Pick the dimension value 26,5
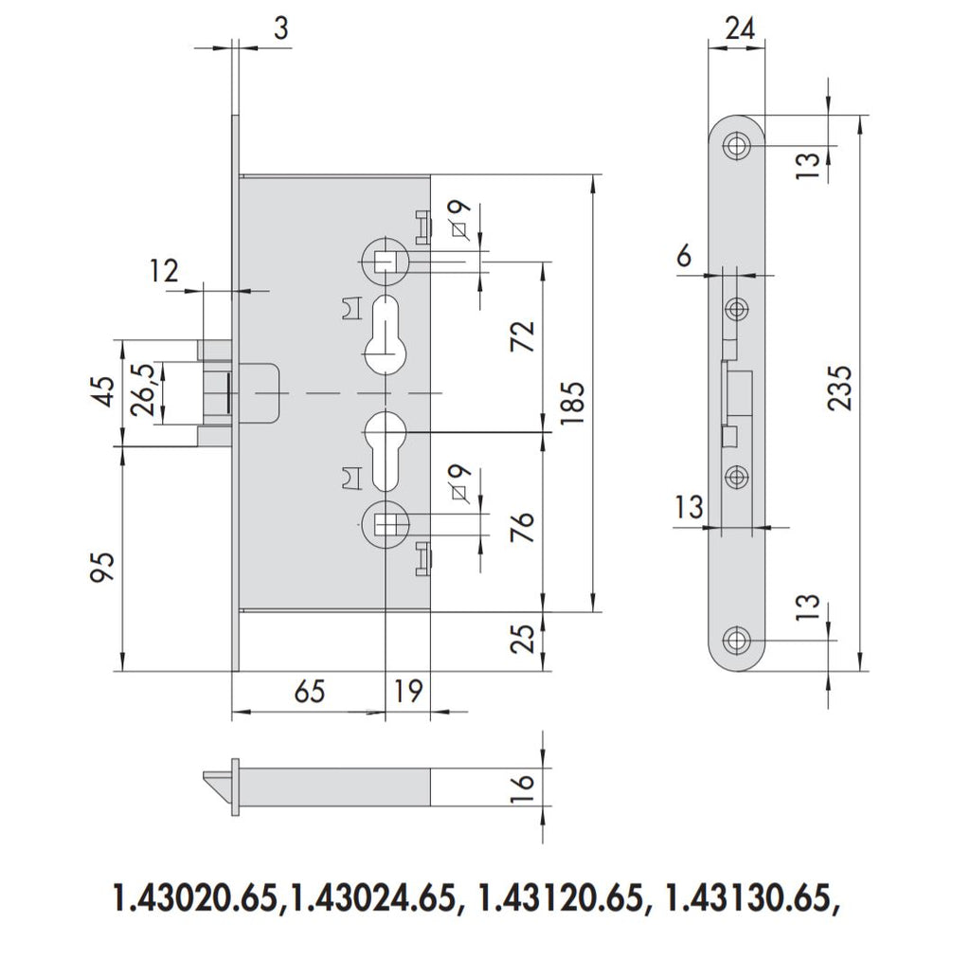coord(142,389)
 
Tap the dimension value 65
coord(309,692)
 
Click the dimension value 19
coord(407,692)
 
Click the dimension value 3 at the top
coord(279,28)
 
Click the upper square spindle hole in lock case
coord(386,258)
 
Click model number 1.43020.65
coord(194,896)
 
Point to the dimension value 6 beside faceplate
coord(683,257)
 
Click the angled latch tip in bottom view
coord(215,784)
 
